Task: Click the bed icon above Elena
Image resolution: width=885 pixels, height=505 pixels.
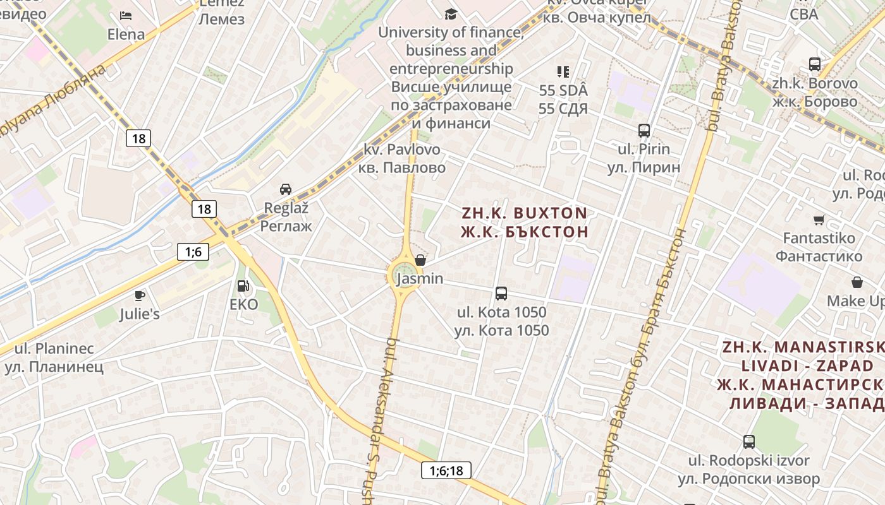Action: coord(126,15)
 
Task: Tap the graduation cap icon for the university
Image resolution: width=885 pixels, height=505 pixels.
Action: coord(450,14)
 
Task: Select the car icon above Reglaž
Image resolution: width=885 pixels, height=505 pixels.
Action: coord(286,189)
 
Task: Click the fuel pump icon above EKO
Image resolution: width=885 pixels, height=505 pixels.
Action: coord(243,286)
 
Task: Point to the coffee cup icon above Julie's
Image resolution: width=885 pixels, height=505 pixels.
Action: coord(140,295)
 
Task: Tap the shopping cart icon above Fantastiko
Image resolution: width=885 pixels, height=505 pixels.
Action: coord(819,220)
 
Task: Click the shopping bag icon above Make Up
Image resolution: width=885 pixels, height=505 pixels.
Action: coord(857,282)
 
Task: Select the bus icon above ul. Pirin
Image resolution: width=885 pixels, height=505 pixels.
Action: coord(644,131)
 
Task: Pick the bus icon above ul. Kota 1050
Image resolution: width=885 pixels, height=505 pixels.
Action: coord(501,293)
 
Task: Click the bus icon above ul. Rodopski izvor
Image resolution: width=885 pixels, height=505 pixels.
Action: coord(749,441)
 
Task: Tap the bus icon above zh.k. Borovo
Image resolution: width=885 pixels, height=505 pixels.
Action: coord(815,64)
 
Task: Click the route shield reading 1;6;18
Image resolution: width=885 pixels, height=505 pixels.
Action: coord(446,470)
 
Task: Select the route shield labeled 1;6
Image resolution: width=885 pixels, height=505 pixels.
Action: coord(193,252)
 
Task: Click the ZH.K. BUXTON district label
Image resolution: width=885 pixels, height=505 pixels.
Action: coord(525,213)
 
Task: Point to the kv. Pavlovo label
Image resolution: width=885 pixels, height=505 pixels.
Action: coord(402,150)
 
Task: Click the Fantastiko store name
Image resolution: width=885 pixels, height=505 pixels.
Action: coord(819,239)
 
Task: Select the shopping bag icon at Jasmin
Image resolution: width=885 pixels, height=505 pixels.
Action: coord(420,260)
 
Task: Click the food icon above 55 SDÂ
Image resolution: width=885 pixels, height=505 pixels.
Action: coord(563,72)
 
